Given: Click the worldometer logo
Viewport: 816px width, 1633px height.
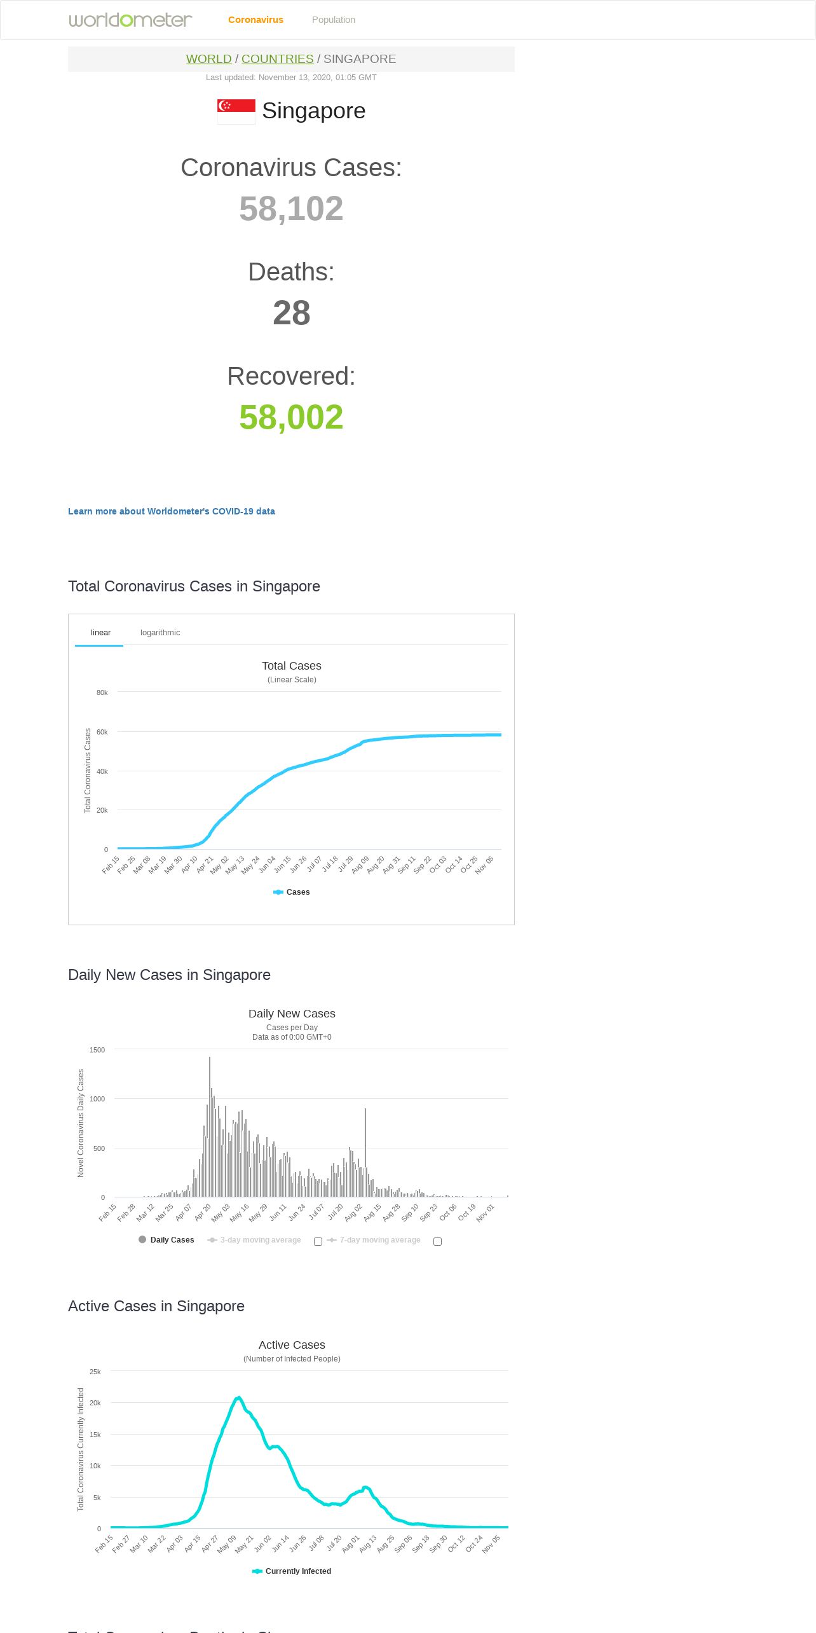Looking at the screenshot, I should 130,20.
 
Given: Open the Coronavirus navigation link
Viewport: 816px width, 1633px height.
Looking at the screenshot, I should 255,20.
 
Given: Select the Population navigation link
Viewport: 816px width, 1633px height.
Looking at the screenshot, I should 333,20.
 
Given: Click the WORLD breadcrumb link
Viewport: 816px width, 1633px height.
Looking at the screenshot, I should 208,59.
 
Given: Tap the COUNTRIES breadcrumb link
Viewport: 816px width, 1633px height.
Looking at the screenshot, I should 277,59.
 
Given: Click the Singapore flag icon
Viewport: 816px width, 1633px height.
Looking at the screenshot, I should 236,111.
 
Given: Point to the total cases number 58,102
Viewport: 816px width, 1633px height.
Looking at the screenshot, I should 291,209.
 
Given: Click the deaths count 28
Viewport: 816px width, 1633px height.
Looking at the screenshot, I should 291,313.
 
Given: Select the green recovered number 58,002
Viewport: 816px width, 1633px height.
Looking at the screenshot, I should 291,417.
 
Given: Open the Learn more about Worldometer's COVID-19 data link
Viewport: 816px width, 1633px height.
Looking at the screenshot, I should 172,511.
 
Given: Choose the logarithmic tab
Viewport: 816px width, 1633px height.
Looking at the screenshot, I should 160,633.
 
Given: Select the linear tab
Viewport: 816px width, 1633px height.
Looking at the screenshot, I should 100,633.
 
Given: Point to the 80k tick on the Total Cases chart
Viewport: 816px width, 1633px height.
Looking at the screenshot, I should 102,692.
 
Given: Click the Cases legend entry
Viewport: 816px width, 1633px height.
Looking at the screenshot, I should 292,892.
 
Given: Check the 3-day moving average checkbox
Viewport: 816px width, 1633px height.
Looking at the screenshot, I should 318,1241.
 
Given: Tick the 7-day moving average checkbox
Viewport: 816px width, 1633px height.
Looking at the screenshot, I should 437,1241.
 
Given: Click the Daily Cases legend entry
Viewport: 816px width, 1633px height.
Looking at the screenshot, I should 167,1240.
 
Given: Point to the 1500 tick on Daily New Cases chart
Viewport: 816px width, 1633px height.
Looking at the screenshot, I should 97,1050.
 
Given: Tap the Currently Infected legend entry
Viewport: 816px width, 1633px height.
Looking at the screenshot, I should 292,1571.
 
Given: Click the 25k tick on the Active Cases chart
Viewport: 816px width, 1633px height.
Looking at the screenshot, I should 95,1372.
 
